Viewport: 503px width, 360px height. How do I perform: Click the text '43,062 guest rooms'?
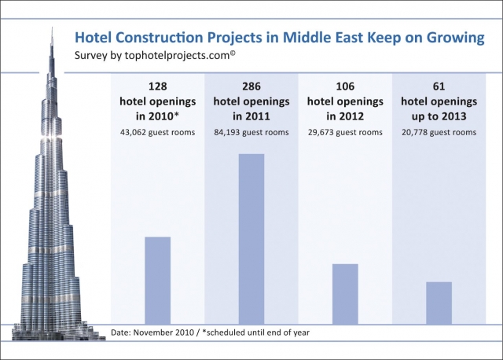click(x=157, y=132)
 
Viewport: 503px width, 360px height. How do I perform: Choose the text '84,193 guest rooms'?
click(x=251, y=132)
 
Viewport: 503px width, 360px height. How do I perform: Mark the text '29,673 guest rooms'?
click(x=345, y=132)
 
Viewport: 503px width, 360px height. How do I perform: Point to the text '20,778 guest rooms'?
click(x=439, y=132)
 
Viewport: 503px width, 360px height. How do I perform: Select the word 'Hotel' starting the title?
click(x=91, y=38)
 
